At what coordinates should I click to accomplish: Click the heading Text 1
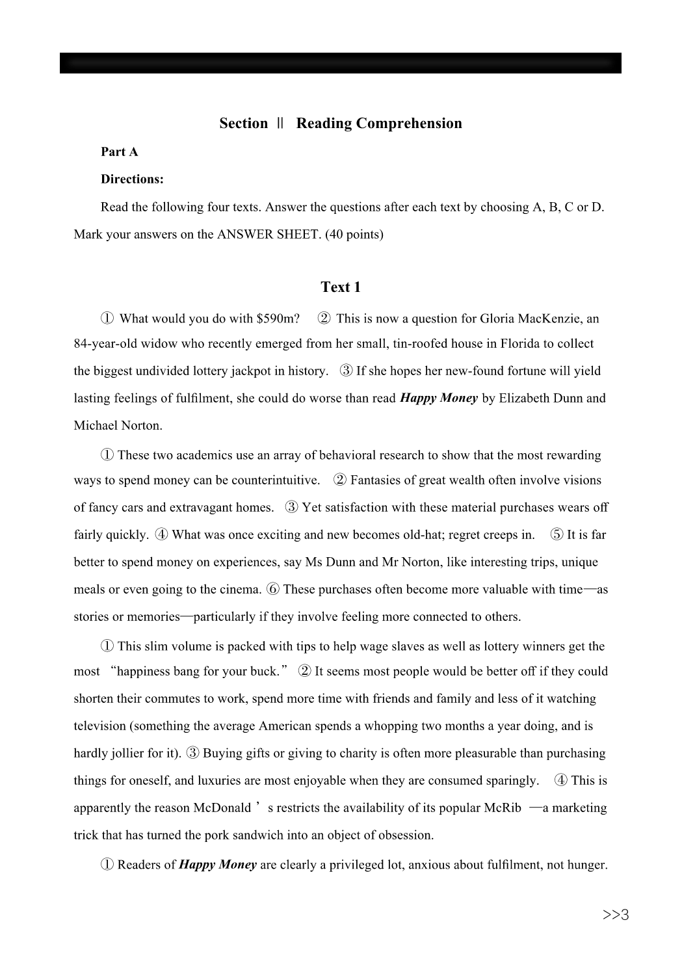coord(340,287)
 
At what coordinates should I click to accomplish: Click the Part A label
coord(119,152)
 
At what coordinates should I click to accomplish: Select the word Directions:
coord(132,179)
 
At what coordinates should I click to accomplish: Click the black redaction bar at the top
coord(340,63)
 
